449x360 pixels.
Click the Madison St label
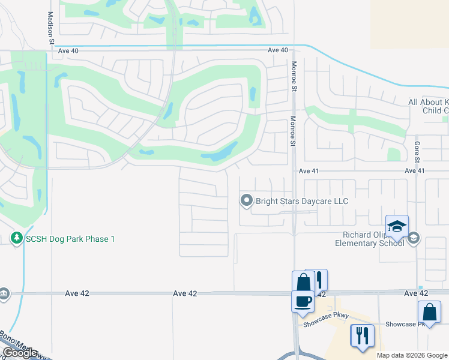pyautogui.click(x=50, y=28)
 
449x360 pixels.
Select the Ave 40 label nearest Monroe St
pyautogui.click(x=278, y=50)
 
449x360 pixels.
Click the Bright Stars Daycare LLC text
pyautogui.click(x=302, y=201)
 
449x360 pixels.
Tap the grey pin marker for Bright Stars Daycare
pyautogui.click(x=246, y=201)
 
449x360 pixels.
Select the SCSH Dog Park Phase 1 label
pyautogui.click(x=70, y=239)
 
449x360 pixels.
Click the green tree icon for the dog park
pyautogui.click(x=17, y=239)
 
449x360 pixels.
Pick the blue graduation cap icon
pyautogui.click(x=397, y=226)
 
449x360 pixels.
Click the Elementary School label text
pyautogui.click(x=370, y=243)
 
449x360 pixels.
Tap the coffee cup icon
pyautogui.click(x=303, y=301)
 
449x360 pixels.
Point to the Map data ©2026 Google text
pyautogui.click(x=412, y=355)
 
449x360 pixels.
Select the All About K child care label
pyautogui.click(x=428, y=106)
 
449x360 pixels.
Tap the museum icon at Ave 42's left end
pyautogui.click(x=4, y=294)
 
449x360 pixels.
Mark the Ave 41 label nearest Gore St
pyautogui.click(x=415, y=171)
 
